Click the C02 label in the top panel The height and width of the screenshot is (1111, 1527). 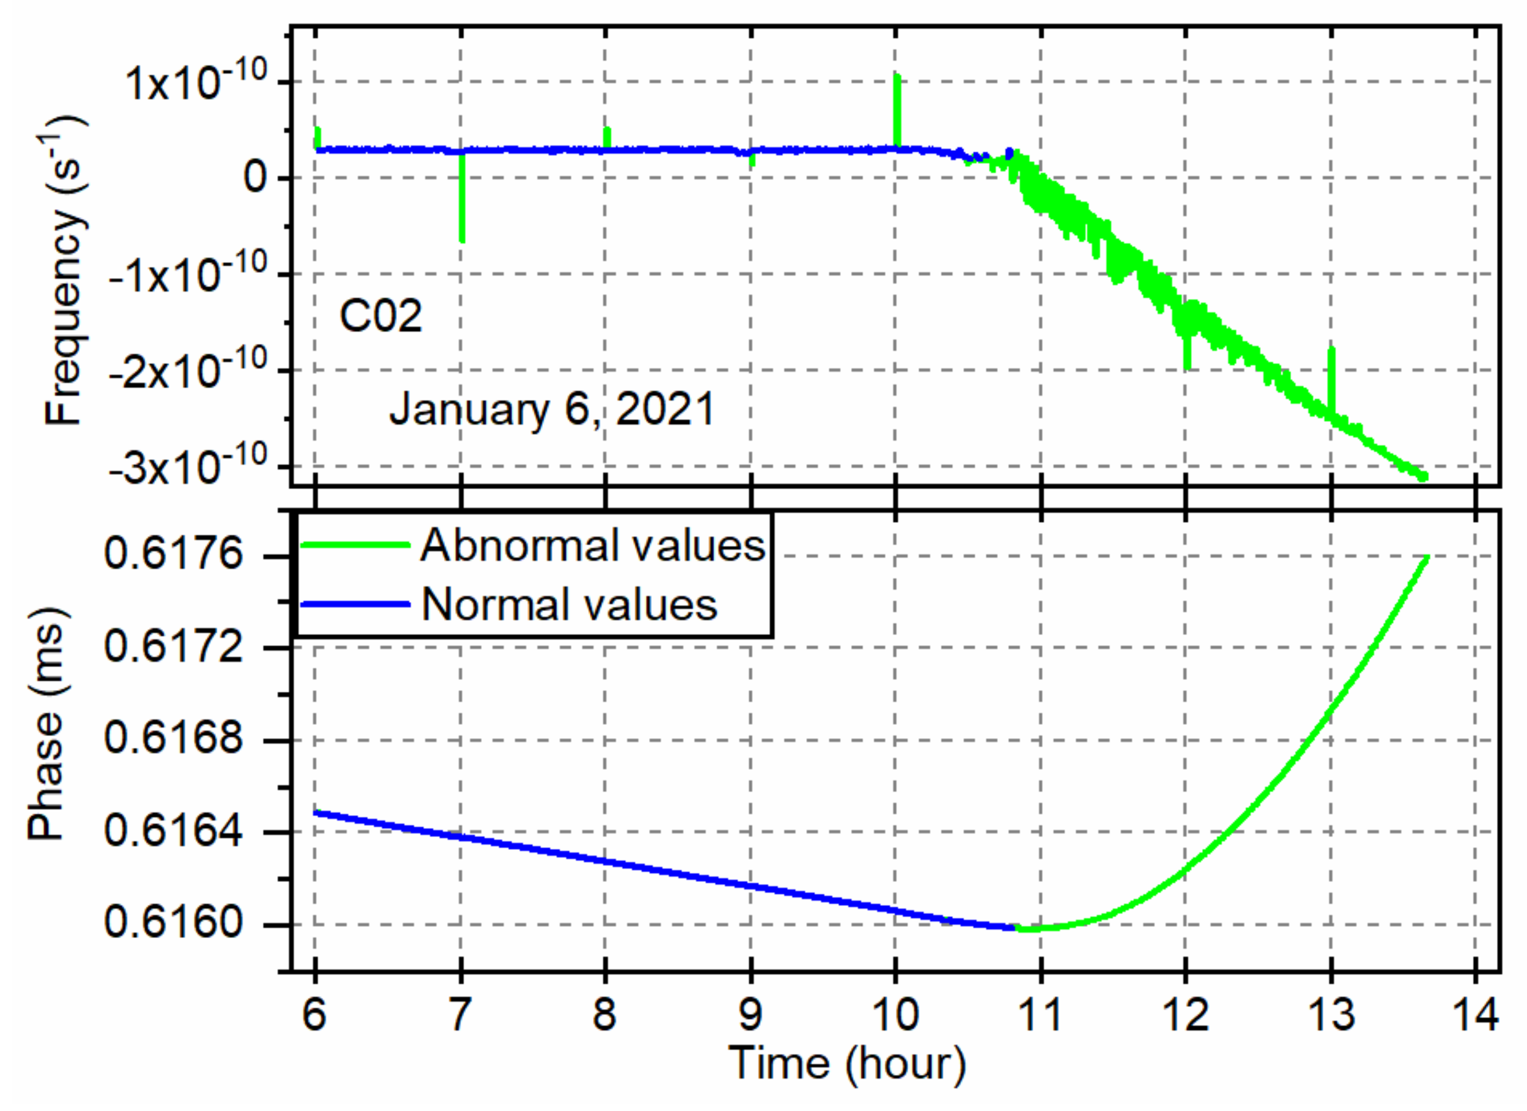click(x=381, y=316)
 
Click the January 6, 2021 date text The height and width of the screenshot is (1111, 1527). click(x=552, y=409)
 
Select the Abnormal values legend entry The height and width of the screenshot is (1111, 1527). click(x=592, y=545)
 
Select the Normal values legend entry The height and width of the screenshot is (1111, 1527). click(x=569, y=604)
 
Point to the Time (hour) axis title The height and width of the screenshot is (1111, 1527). click(x=846, y=1065)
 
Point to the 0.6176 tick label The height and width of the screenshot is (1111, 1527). click(x=173, y=555)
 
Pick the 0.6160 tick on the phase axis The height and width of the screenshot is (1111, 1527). click(x=173, y=922)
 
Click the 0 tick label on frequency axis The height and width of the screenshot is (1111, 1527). click(x=256, y=178)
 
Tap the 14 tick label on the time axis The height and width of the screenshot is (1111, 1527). click(x=1475, y=1014)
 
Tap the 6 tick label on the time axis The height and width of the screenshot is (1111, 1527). click(x=314, y=1014)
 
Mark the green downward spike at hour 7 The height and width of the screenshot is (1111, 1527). click(x=462, y=209)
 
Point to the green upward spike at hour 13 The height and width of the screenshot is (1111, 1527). click(x=1331, y=377)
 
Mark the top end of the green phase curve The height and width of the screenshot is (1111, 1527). click(x=1426, y=558)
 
